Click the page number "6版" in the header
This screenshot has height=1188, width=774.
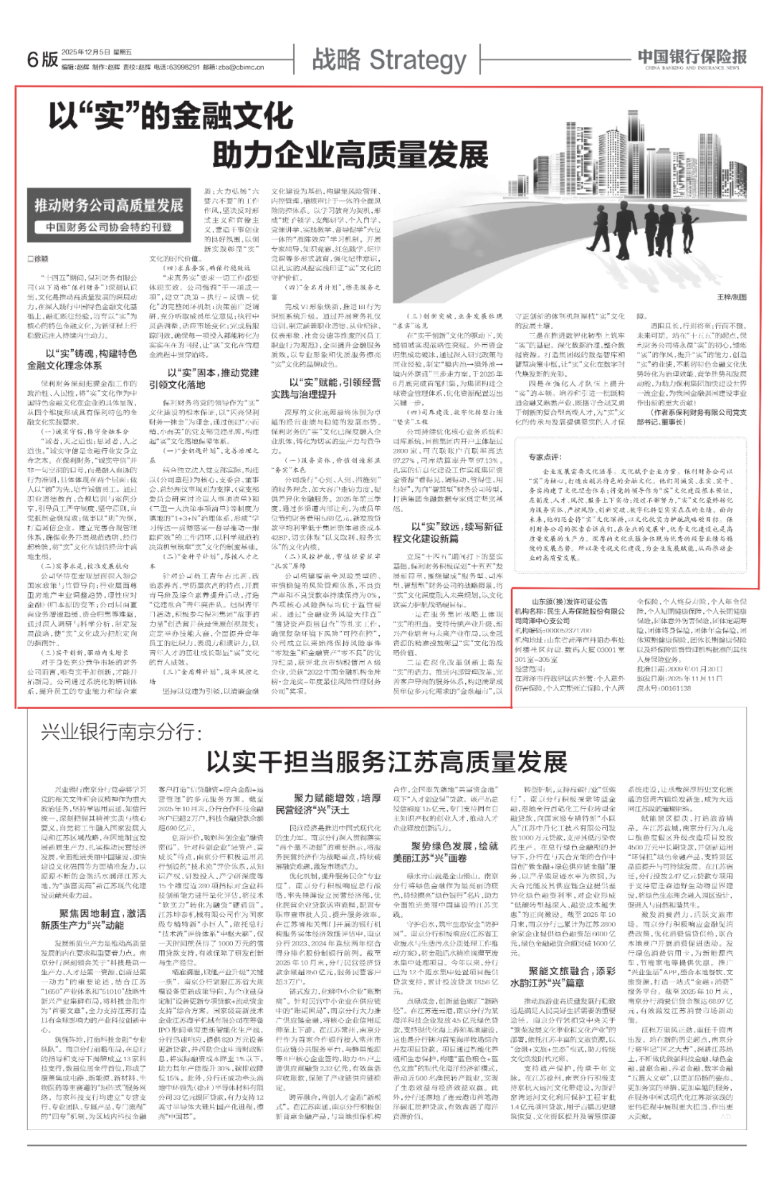tap(42, 59)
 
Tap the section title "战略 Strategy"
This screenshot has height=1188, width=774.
tap(389, 59)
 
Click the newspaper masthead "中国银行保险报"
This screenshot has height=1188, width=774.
tap(692, 57)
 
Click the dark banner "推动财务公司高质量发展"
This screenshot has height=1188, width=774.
tap(109, 206)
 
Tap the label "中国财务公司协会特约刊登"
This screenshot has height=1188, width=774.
tap(109, 227)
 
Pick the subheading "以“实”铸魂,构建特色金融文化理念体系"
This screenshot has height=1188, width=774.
tap(82, 359)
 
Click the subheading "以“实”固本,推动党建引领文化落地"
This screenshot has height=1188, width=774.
tap(204, 379)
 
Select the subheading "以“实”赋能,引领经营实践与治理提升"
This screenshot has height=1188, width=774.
tap(325, 389)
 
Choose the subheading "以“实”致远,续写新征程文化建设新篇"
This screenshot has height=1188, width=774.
tap(447, 532)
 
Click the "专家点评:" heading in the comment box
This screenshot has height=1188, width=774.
tap(545, 457)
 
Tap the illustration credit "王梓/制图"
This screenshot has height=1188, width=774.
tap(732, 297)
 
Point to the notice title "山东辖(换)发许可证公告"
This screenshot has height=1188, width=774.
tap(569, 602)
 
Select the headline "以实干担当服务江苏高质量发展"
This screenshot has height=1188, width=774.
tap(387, 761)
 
